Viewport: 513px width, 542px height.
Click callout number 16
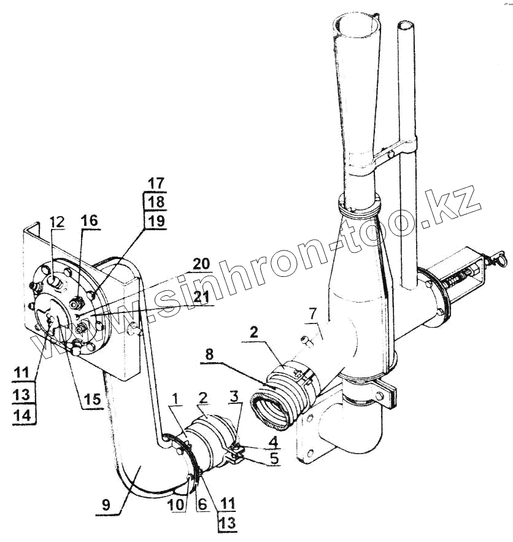89,220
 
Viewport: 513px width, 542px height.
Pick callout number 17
156,182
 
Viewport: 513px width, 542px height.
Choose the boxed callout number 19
156,222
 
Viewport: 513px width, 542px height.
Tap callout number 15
93,398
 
